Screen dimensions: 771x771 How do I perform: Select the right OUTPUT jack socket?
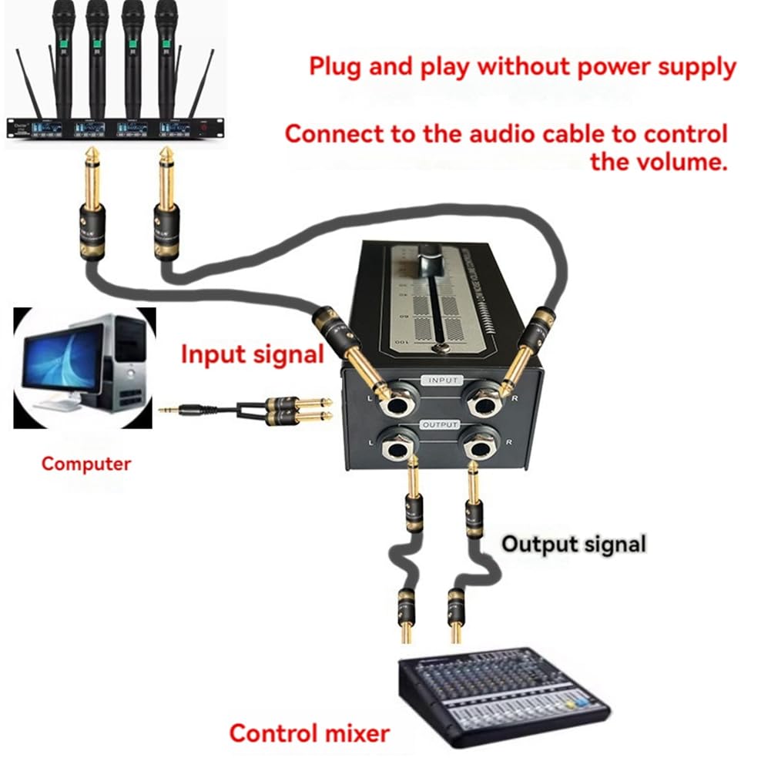pos(480,445)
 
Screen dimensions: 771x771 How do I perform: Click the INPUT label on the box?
pos(443,380)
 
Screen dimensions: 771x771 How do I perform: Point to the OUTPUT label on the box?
pos(440,424)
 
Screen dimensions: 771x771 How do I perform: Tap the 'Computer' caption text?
pos(86,464)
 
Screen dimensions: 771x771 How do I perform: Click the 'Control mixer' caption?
pos(310,732)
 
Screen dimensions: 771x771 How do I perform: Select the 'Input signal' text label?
pos(252,355)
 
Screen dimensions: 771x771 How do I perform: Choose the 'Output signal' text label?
pos(574,544)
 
